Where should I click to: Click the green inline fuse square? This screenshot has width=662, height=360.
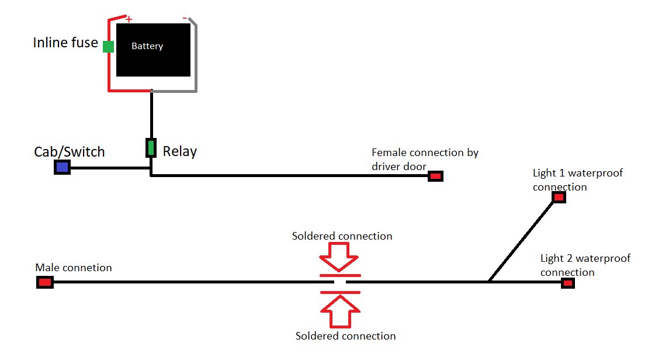pos(109,46)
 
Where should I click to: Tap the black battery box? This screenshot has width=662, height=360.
pos(153,50)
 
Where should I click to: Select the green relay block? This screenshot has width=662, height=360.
pos(151,148)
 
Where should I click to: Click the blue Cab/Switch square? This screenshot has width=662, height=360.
pos(63,168)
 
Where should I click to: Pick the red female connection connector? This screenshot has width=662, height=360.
pos(435,176)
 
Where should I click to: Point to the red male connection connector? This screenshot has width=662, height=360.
pos(45,282)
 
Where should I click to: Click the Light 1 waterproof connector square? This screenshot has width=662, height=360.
pos(559,197)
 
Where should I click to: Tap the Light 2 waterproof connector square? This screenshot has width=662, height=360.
pos(568,283)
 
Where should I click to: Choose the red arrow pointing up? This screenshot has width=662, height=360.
pos(340,311)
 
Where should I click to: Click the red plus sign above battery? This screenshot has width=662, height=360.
pos(129,19)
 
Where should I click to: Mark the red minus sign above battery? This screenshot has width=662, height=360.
pos(185,18)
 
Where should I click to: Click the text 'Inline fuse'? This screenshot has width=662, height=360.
pos(65,43)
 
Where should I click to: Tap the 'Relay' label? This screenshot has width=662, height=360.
pos(180,151)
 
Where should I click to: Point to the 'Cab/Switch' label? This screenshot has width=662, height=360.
pos(70,152)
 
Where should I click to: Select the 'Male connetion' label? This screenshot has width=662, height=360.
pos(74,268)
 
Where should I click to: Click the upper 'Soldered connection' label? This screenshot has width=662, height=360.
pos(342,236)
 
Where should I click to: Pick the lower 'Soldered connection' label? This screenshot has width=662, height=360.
pos(345,336)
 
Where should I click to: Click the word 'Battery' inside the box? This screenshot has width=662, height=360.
pos(147,46)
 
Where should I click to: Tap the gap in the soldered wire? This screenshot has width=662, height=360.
pos(340,282)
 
